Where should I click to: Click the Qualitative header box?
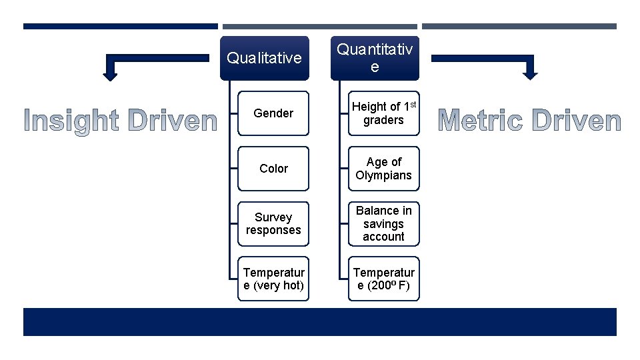pos(265,58)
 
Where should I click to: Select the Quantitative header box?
pos(375,58)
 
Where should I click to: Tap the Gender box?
pos(273,113)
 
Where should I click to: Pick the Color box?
pos(273,169)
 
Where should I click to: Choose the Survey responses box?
pos(273,224)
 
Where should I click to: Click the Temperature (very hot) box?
pos(273,279)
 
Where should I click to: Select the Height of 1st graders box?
pos(383,113)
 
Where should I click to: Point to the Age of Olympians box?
pos(383,169)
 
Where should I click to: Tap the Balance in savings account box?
pos(383,224)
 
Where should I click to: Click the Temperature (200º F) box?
pos(383,279)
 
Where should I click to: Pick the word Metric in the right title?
pos(480,121)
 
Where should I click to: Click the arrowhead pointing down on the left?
pos(111,75)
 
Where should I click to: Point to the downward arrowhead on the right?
pos(529,75)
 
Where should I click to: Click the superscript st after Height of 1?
pos(413,103)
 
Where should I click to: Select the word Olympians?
pos(383,175)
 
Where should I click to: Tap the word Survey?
pos(273,217)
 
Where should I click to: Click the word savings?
pos(383,224)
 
